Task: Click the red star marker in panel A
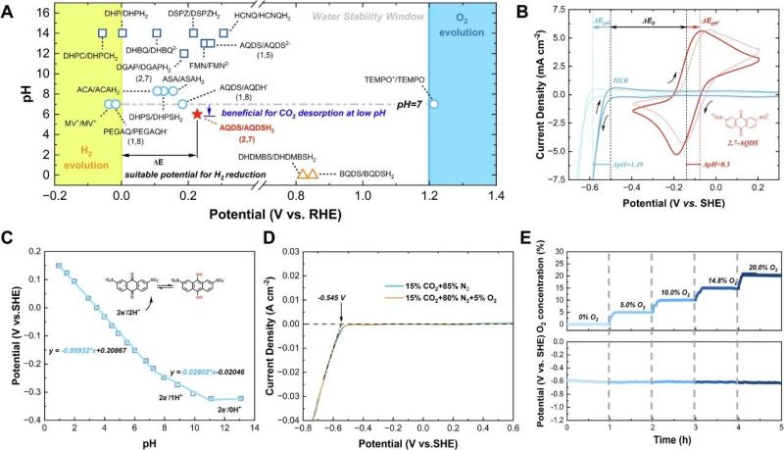198,115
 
